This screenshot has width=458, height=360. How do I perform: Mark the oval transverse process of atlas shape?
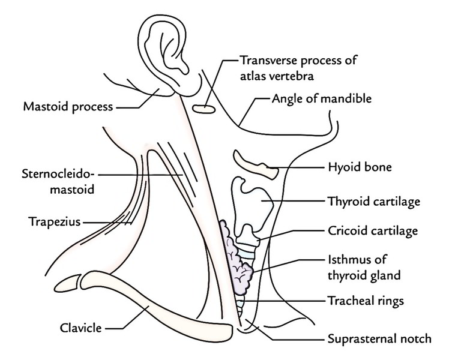(x=203, y=109)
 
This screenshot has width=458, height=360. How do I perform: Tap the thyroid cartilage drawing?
(x=255, y=202)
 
